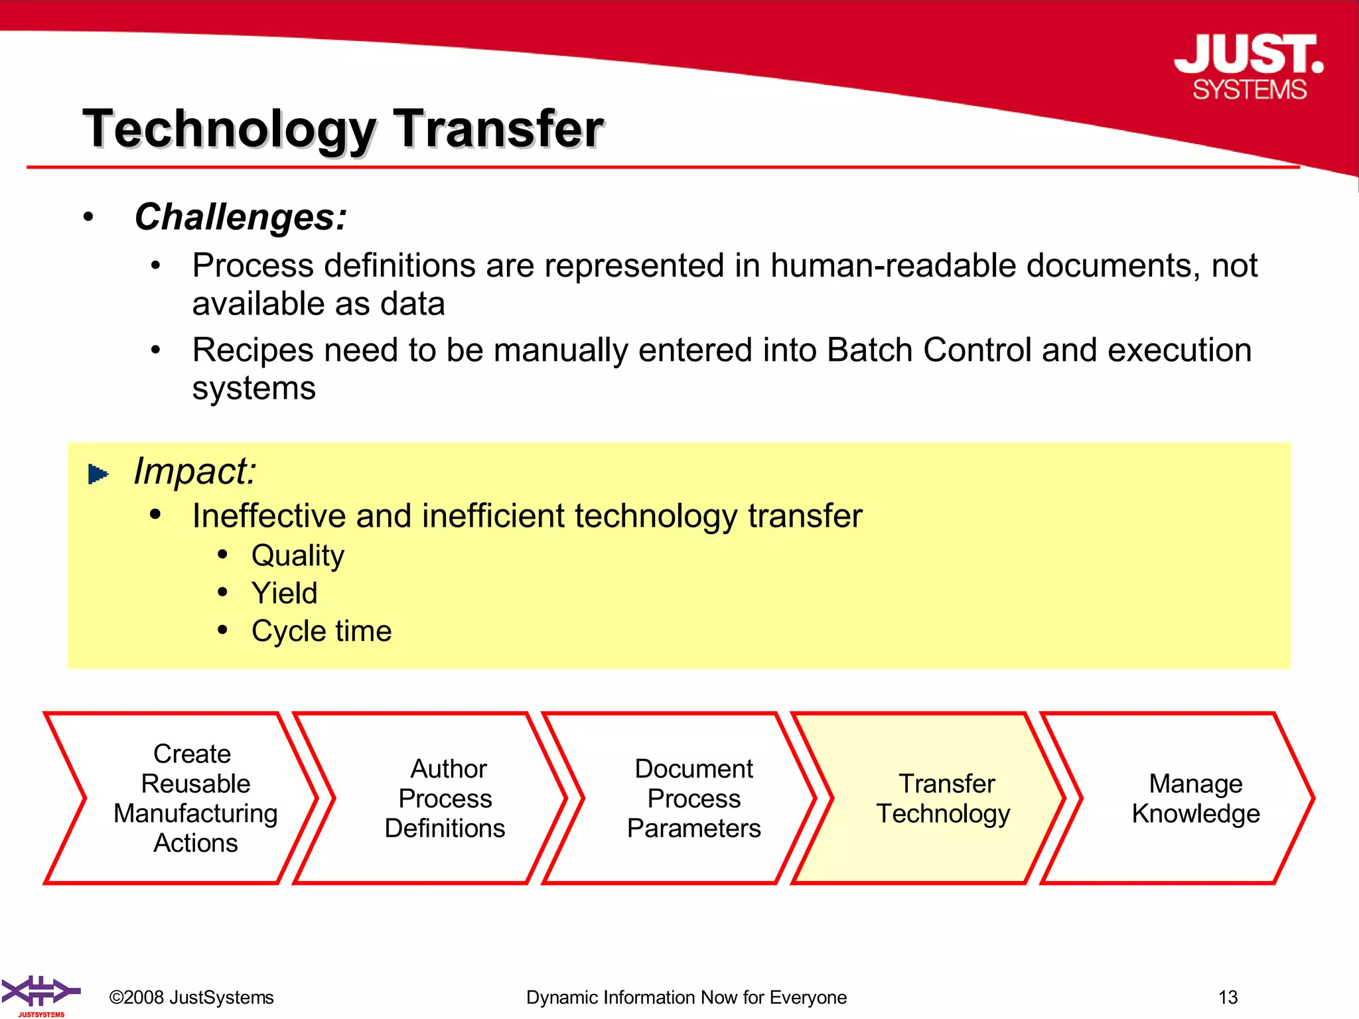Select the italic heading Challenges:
click(240, 217)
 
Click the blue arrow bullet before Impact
click(98, 474)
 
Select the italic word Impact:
click(194, 472)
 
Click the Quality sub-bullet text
click(297, 556)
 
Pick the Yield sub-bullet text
click(284, 593)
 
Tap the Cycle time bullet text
click(321, 631)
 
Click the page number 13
click(1228, 997)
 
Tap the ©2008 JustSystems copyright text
click(191, 997)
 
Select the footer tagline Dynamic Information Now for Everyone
click(686, 997)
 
